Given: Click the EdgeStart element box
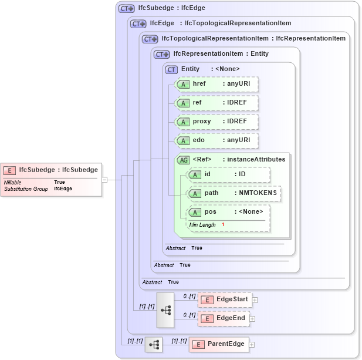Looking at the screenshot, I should tap(225, 300).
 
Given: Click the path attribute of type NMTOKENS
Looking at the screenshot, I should tap(234, 193).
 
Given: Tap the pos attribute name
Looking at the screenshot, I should tap(210, 212).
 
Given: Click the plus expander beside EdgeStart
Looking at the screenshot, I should tap(255, 300).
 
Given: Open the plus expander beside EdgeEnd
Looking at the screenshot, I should tap(252, 319).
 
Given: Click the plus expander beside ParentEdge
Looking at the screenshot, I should tap(252, 345).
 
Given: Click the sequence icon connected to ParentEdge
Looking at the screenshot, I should tap(154, 345).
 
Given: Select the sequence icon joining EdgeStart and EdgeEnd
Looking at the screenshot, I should tap(165, 309).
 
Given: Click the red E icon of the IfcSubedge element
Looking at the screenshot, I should tap(9, 170).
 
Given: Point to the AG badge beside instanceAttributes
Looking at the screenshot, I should tap(183, 159).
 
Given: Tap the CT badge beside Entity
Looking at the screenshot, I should tap(171, 69).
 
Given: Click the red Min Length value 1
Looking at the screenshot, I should tap(223, 225).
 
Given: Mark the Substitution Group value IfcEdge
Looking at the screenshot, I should tap(63, 189).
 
